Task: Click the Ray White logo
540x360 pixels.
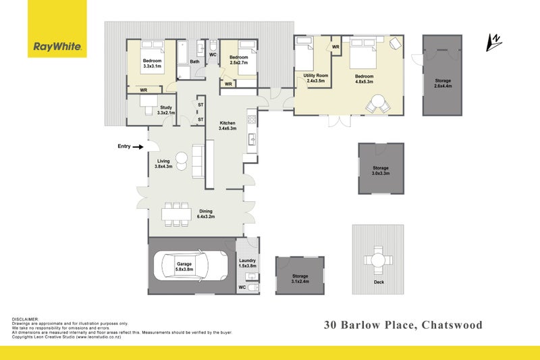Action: (x=58, y=47)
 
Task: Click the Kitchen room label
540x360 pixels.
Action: (x=227, y=126)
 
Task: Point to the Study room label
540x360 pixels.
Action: (x=166, y=111)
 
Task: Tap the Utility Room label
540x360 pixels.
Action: (x=316, y=78)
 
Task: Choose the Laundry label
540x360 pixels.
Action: (x=248, y=263)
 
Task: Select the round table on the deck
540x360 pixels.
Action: (x=378, y=260)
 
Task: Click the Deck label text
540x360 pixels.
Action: (x=378, y=282)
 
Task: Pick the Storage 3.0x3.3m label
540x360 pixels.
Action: (x=381, y=170)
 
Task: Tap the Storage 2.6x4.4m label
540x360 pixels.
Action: (x=443, y=84)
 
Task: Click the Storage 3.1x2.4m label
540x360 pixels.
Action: (x=300, y=279)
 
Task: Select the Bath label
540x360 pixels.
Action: (x=194, y=61)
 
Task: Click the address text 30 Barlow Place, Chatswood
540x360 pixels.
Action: (x=404, y=325)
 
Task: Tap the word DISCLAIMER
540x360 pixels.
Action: (x=25, y=319)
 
